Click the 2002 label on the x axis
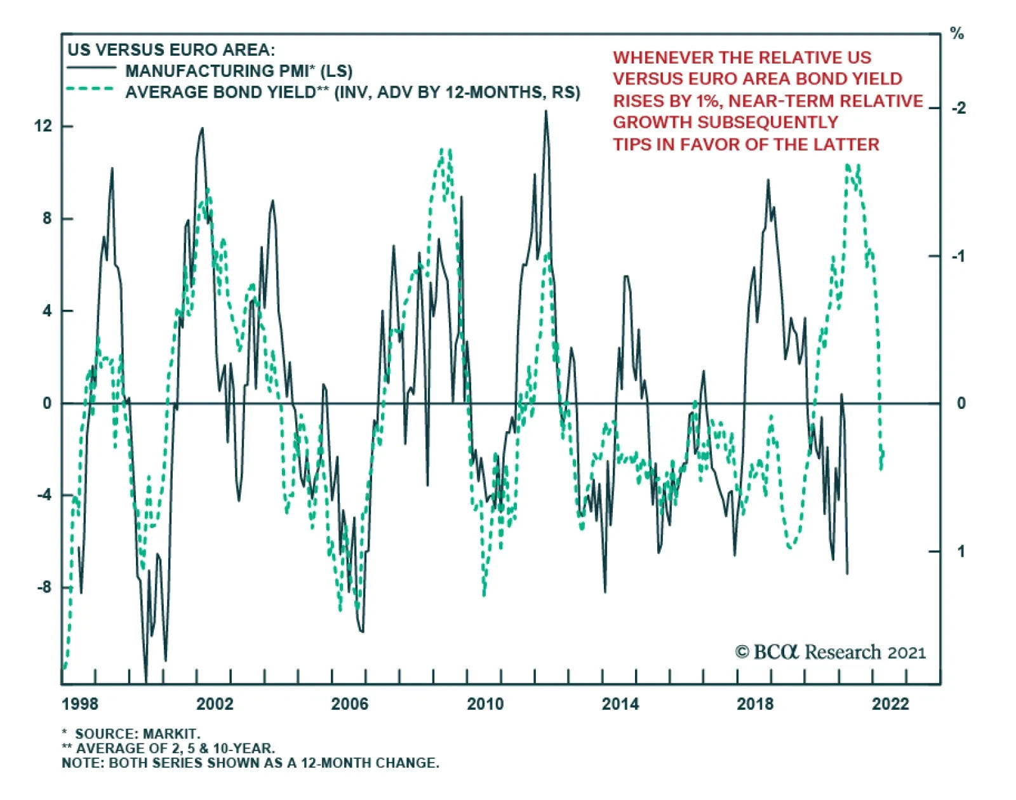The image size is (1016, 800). tap(215, 703)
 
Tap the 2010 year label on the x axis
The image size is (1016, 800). tap(485, 703)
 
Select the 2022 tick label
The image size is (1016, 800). tap(890, 703)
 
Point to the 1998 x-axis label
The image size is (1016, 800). tap(80, 703)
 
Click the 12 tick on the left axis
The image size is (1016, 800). tap(43, 126)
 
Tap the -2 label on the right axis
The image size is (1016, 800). tap(958, 108)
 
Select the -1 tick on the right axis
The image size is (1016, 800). tap(958, 256)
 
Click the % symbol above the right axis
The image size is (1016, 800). tap(957, 34)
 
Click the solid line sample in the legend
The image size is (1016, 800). tap(91, 68)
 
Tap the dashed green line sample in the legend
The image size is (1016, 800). tap(91, 90)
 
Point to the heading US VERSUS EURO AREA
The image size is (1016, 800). tap(171, 50)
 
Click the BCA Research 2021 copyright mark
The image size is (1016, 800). tap(830, 652)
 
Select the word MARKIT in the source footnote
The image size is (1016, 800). tap(171, 734)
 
